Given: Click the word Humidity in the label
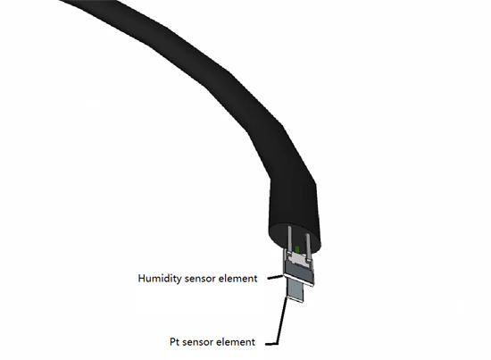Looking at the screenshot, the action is pyautogui.click(x=160, y=279).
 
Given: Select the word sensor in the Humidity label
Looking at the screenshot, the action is pyautogui.click(x=199, y=279).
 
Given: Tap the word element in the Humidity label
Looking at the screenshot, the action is pyautogui.click(x=237, y=278).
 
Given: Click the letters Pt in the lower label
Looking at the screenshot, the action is pyautogui.click(x=174, y=341).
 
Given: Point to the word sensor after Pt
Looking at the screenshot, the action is pyautogui.click(x=197, y=342).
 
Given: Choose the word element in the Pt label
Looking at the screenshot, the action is pyautogui.click(x=235, y=341).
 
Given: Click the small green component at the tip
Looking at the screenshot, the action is pyautogui.click(x=297, y=250).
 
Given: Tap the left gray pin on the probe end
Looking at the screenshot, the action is pyautogui.click(x=289, y=239).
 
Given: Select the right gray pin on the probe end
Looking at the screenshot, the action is pyautogui.click(x=308, y=247).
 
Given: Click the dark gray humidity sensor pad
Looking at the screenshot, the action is pyautogui.click(x=299, y=271).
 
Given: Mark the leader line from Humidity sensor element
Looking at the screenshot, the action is pyautogui.click(x=276, y=277).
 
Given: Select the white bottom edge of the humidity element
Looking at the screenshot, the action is pyautogui.click(x=298, y=280).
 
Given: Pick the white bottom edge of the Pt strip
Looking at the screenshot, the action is pyautogui.click(x=295, y=299).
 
